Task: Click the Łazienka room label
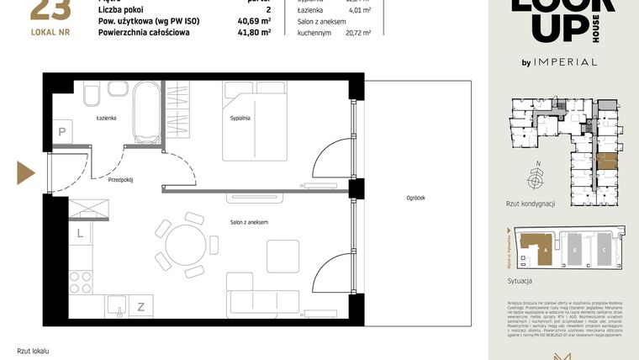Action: (105, 119)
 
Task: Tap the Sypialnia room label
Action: (240, 119)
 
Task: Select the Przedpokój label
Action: (121, 179)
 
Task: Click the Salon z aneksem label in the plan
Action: (250, 221)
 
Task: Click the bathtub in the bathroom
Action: (150, 112)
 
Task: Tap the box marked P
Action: (62, 131)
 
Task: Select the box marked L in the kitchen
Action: (80, 234)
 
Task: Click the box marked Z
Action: (140, 307)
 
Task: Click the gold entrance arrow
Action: (25, 173)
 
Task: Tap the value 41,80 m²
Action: (254, 33)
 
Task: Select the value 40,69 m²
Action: (254, 21)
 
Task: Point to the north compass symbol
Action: (534, 178)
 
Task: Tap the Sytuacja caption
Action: (522, 281)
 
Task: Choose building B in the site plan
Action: (573, 250)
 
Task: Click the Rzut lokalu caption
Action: (34, 350)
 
